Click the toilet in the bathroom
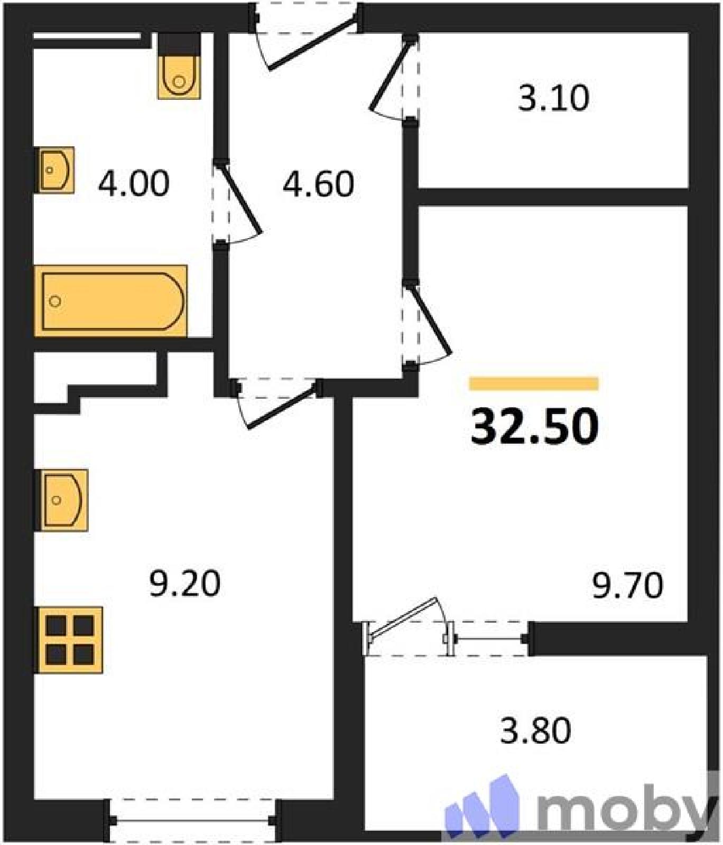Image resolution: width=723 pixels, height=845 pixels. coord(179,67)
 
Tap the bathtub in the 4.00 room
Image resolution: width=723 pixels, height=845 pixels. coord(110,301)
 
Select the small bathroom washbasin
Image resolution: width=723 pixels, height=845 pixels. coord(54,170)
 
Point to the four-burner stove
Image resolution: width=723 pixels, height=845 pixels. coord(68,640)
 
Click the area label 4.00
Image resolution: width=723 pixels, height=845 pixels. coord(134,183)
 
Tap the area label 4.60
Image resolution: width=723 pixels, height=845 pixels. coord(318,184)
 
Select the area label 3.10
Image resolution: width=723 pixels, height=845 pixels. coord(553,98)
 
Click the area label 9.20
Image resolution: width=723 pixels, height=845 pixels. coord(184,584)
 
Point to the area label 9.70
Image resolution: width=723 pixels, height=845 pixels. coord(627,586)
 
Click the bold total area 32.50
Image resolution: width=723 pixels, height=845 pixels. coord(534,426)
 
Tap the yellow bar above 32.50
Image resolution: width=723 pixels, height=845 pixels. coord(534,383)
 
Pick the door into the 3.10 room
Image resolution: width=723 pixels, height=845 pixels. coord(394,79)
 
